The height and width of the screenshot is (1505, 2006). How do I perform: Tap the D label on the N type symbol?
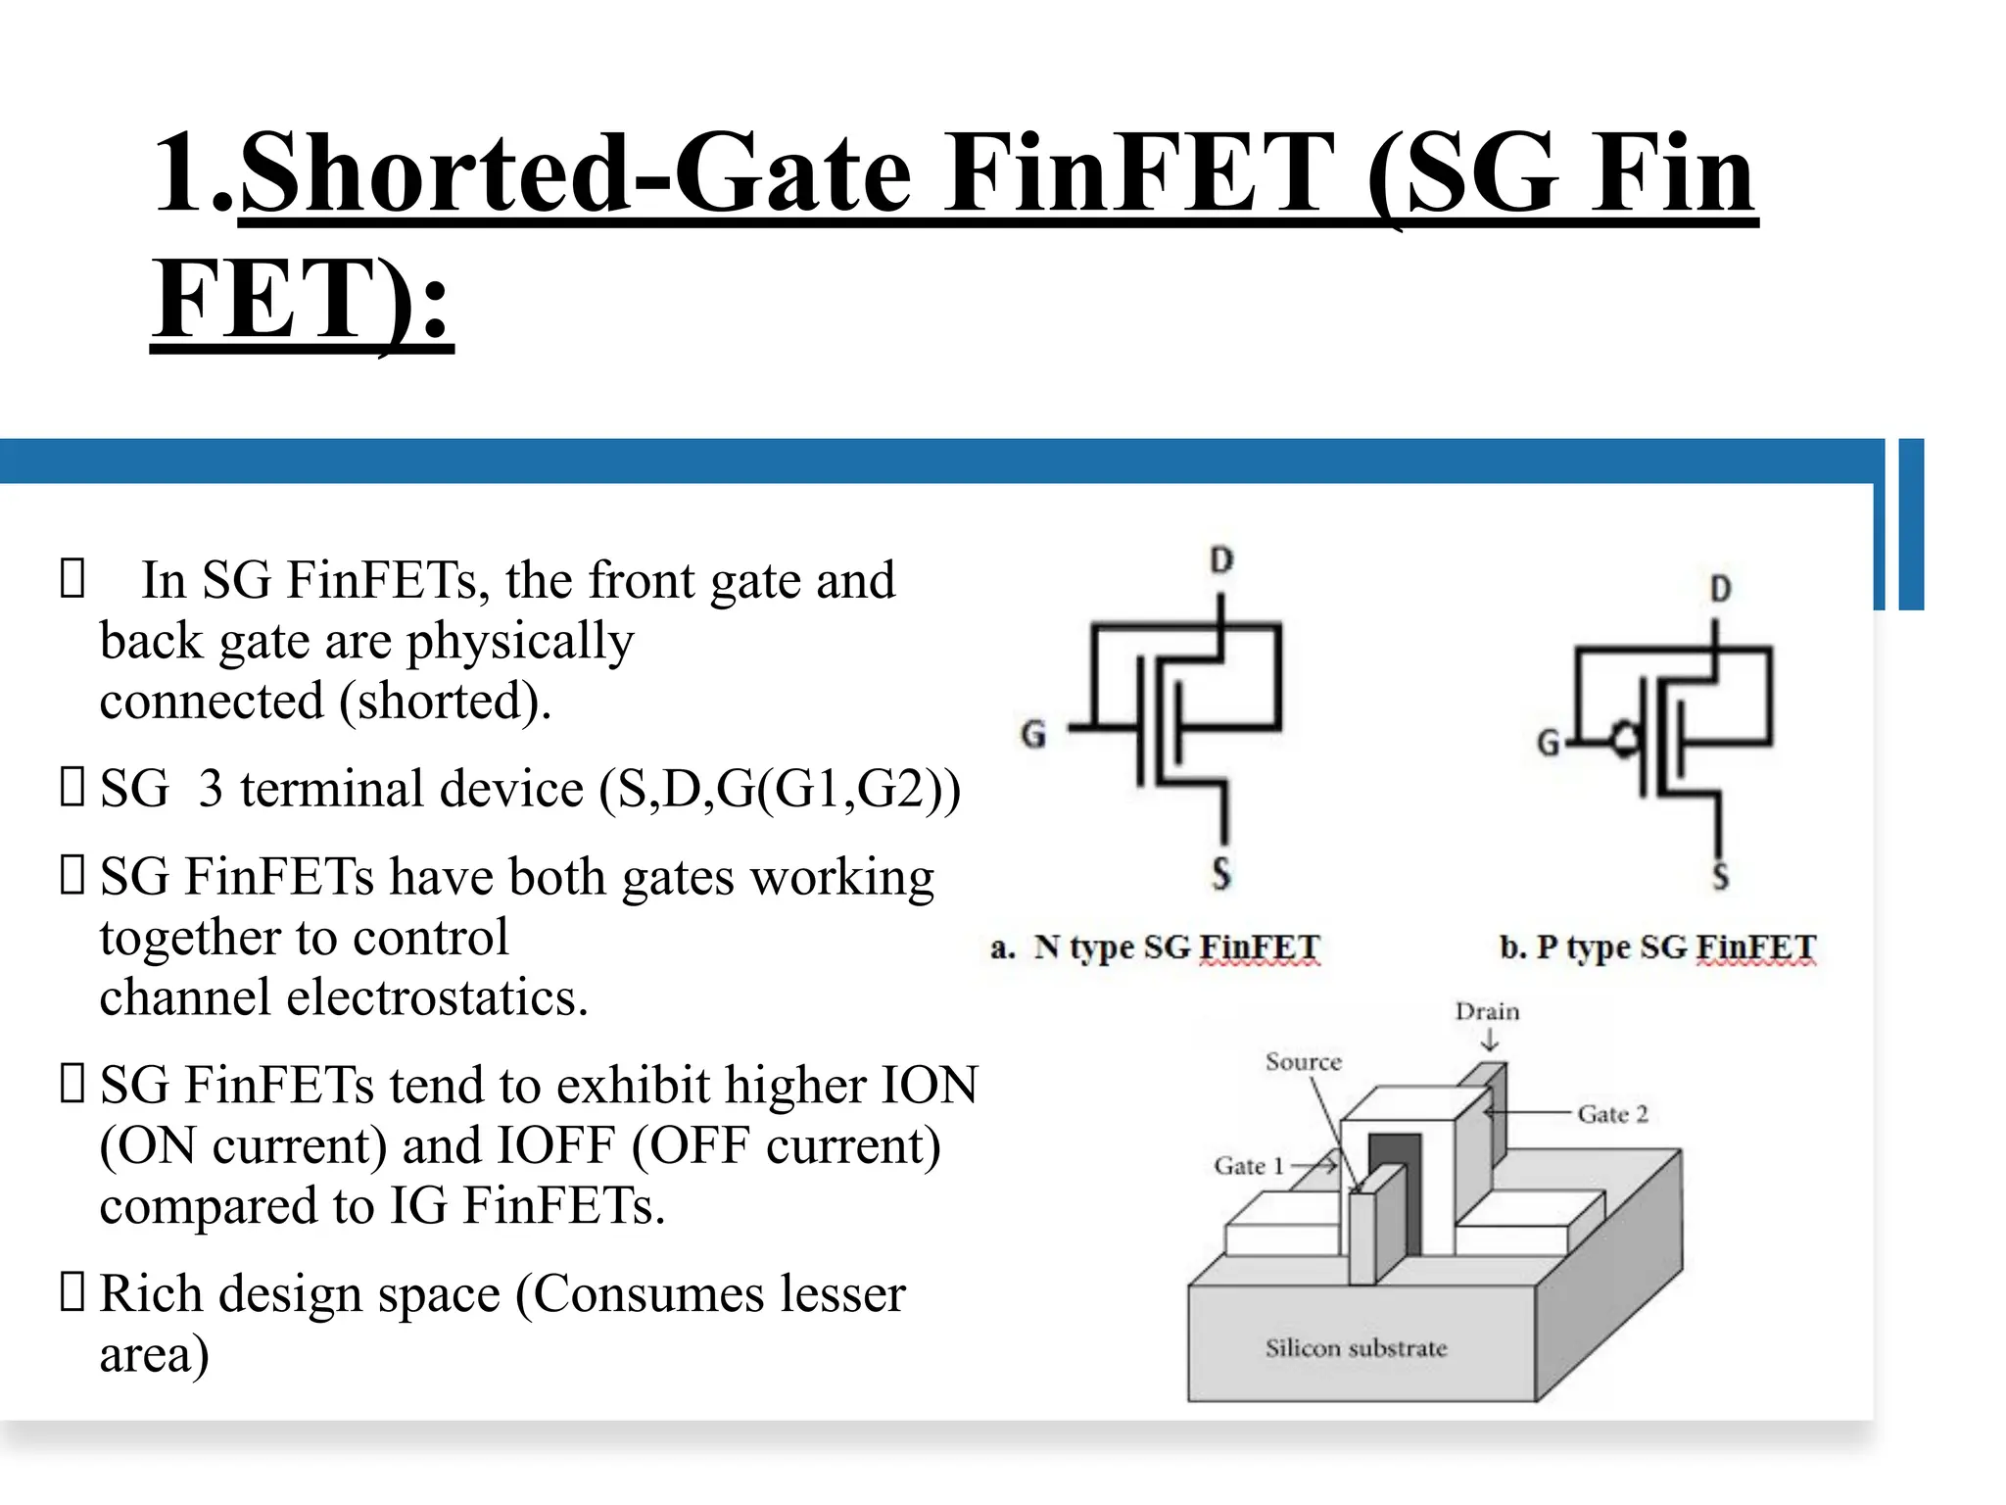(1220, 560)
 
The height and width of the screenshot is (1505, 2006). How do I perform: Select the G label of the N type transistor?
(1033, 734)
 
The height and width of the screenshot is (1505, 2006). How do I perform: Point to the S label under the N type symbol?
(1220, 873)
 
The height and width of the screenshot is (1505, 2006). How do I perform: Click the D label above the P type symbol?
(1721, 589)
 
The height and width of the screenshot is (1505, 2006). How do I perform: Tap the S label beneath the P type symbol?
(1721, 875)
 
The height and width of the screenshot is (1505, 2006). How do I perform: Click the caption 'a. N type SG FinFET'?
(1156, 947)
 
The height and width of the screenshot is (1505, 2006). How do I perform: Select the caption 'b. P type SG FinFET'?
(1657, 947)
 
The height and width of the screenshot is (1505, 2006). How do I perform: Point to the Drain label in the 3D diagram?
(1487, 1011)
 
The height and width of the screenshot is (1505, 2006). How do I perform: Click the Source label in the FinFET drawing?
(1303, 1062)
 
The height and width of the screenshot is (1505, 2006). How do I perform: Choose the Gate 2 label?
(1612, 1114)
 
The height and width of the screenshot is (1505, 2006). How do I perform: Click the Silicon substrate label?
(1356, 1348)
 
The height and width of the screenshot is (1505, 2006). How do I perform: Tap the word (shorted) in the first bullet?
(446, 702)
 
